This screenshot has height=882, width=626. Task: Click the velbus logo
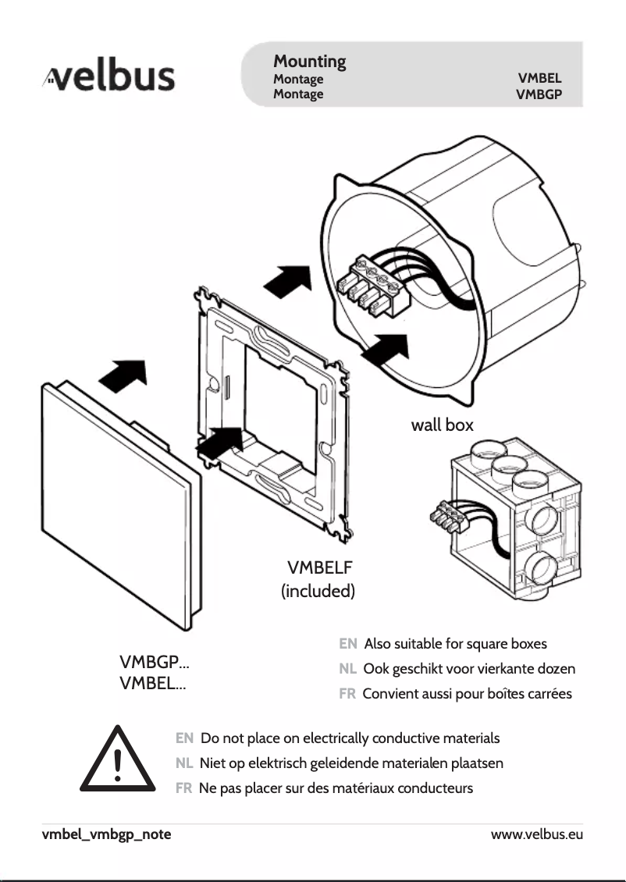pos(108,78)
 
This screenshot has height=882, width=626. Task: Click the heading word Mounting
pos(309,61)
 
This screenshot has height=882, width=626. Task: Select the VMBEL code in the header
pos(539,79)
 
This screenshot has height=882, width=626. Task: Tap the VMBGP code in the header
pos(539,94)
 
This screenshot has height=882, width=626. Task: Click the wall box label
pos(442,425)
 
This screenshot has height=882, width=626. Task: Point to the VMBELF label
pos(320,567)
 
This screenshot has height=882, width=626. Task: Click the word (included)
pos(318,591)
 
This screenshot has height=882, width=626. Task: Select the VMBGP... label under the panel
pos(154,664)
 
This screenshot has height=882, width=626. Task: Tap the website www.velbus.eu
pos(536,834)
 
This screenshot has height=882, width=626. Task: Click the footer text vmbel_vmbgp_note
pos(107,834)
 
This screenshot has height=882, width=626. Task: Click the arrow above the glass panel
pos(123,377)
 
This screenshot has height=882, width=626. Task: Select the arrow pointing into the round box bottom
pos(385,350)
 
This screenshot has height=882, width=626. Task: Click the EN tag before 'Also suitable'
pos(348,644)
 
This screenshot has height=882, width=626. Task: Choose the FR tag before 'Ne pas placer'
pos(184,788)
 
